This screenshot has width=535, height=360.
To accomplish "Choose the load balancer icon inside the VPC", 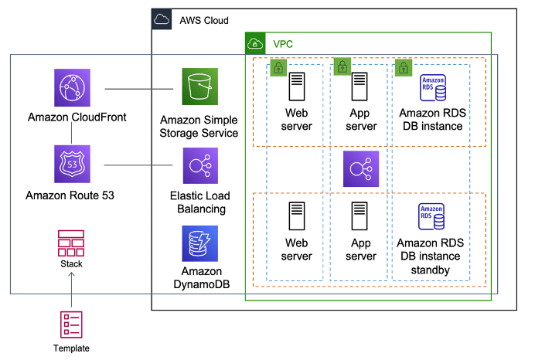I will pyautogui.click(x=362, y=169).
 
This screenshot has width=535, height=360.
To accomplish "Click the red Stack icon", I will pyautogui.click(x=71, y=243).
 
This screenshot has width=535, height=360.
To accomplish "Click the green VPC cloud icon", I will pyautogui.click(x=256, y=44).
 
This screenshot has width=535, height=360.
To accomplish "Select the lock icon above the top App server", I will pyautogui.click(x=342, y=67).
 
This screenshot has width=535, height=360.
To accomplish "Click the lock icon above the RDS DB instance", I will pyautogui.click(x=402, y=67).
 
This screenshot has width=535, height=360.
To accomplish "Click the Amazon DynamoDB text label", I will pyautogui.click(x=201, y=278).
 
